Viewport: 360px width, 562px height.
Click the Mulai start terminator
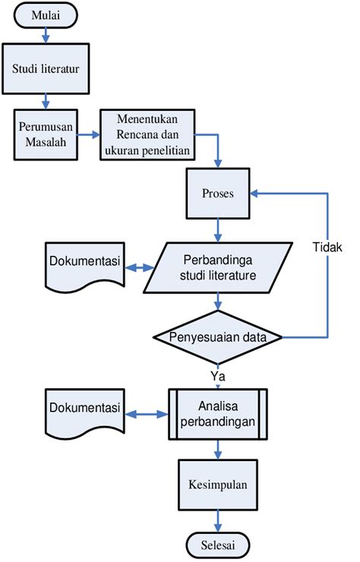pyautogui.click(x=46, y=16)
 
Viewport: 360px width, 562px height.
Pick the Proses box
pyautogui.click(x=218, y=193)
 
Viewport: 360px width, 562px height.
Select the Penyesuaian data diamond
pyautogui.click(x=218, y=336)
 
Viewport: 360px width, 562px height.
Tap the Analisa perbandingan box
pyautogui.click(x=217, y=413)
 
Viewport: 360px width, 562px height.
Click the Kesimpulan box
pyautogui.click(x=218, y=483)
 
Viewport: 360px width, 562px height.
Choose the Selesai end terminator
pyautogui.click(x=218, y=545)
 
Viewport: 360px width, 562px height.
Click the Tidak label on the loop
pyautogui.click(x=327, y=248)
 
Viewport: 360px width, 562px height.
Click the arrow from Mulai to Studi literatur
pyautogui.click(x=46, y=35)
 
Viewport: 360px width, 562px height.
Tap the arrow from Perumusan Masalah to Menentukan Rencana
pyautogui.click(x=90, y=135)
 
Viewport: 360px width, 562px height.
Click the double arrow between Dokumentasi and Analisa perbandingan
pyautogui.click(x=146, y=414)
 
